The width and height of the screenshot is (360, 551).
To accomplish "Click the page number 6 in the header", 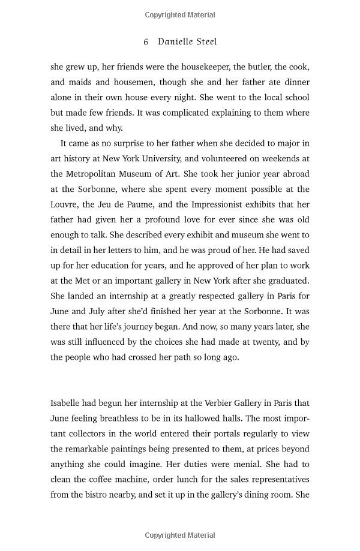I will [146, 42].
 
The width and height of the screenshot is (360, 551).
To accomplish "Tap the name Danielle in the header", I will [178, 42].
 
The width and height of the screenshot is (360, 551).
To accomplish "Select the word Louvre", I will [64, 204].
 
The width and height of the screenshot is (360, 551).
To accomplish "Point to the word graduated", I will [288, 281].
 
